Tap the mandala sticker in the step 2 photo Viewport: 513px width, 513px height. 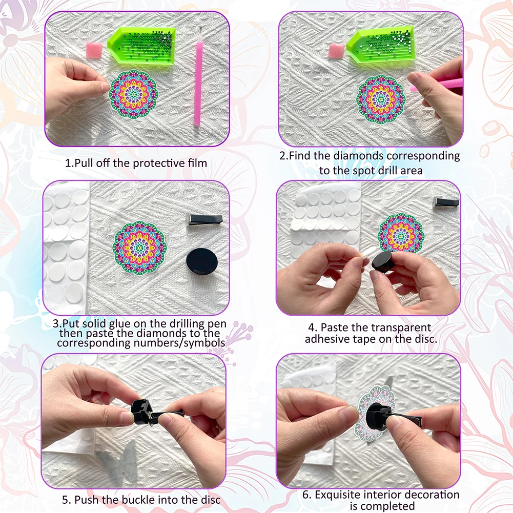(381, 99)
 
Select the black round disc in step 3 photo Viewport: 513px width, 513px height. (201, 261)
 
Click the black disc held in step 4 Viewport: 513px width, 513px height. (384, 261)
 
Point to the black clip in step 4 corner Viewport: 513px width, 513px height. (446, 201)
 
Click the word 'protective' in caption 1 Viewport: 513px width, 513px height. (156, 163)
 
